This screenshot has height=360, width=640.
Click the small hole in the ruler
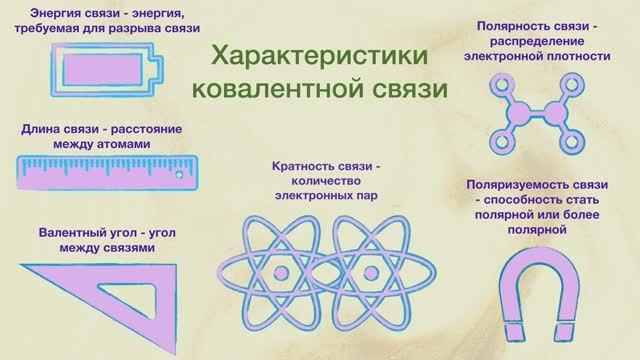pyautogui.click(x=179, y=173)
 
